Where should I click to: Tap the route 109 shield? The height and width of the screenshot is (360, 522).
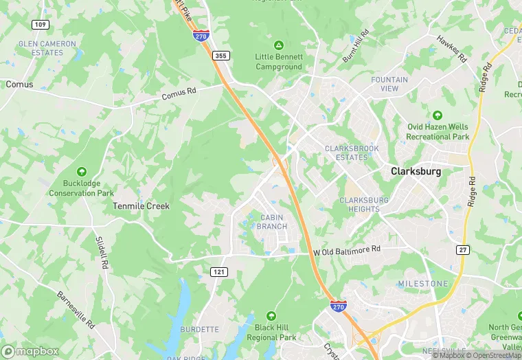pos(39,24)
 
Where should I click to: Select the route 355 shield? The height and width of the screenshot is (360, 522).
pos(220,55)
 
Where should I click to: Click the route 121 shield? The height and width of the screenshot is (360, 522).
pos(218,272)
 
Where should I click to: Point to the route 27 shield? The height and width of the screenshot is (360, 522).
pos(464,250)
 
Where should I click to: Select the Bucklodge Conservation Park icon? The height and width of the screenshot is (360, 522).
pos(82,171)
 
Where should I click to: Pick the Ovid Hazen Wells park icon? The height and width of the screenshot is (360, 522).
pos(437,115)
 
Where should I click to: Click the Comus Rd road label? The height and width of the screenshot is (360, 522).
pos(179,98)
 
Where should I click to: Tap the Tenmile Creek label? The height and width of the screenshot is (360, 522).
pos(141,205)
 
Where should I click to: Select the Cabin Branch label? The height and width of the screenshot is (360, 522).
pos(273,222)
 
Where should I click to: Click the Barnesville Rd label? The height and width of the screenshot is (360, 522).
pos(76,309)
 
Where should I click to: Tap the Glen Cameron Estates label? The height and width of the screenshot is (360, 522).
pos(47,47)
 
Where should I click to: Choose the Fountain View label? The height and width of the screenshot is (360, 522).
pos(389,84)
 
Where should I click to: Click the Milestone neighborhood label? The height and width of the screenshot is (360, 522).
pos(422,284)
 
